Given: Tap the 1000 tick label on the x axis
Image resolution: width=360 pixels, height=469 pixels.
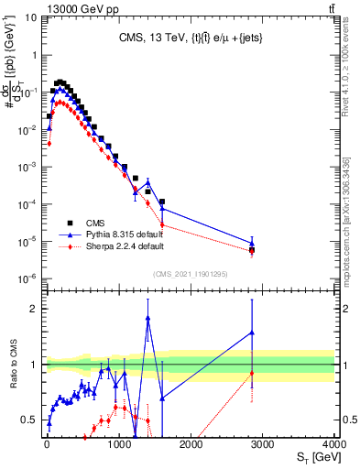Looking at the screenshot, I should pos(118,442).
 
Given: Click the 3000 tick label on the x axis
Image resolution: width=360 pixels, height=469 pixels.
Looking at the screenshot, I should pos(263,442).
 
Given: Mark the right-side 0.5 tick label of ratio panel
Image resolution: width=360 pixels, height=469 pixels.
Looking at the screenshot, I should pos(347,420).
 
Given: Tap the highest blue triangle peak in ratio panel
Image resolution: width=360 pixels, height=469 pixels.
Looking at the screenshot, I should pos(147,318).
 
